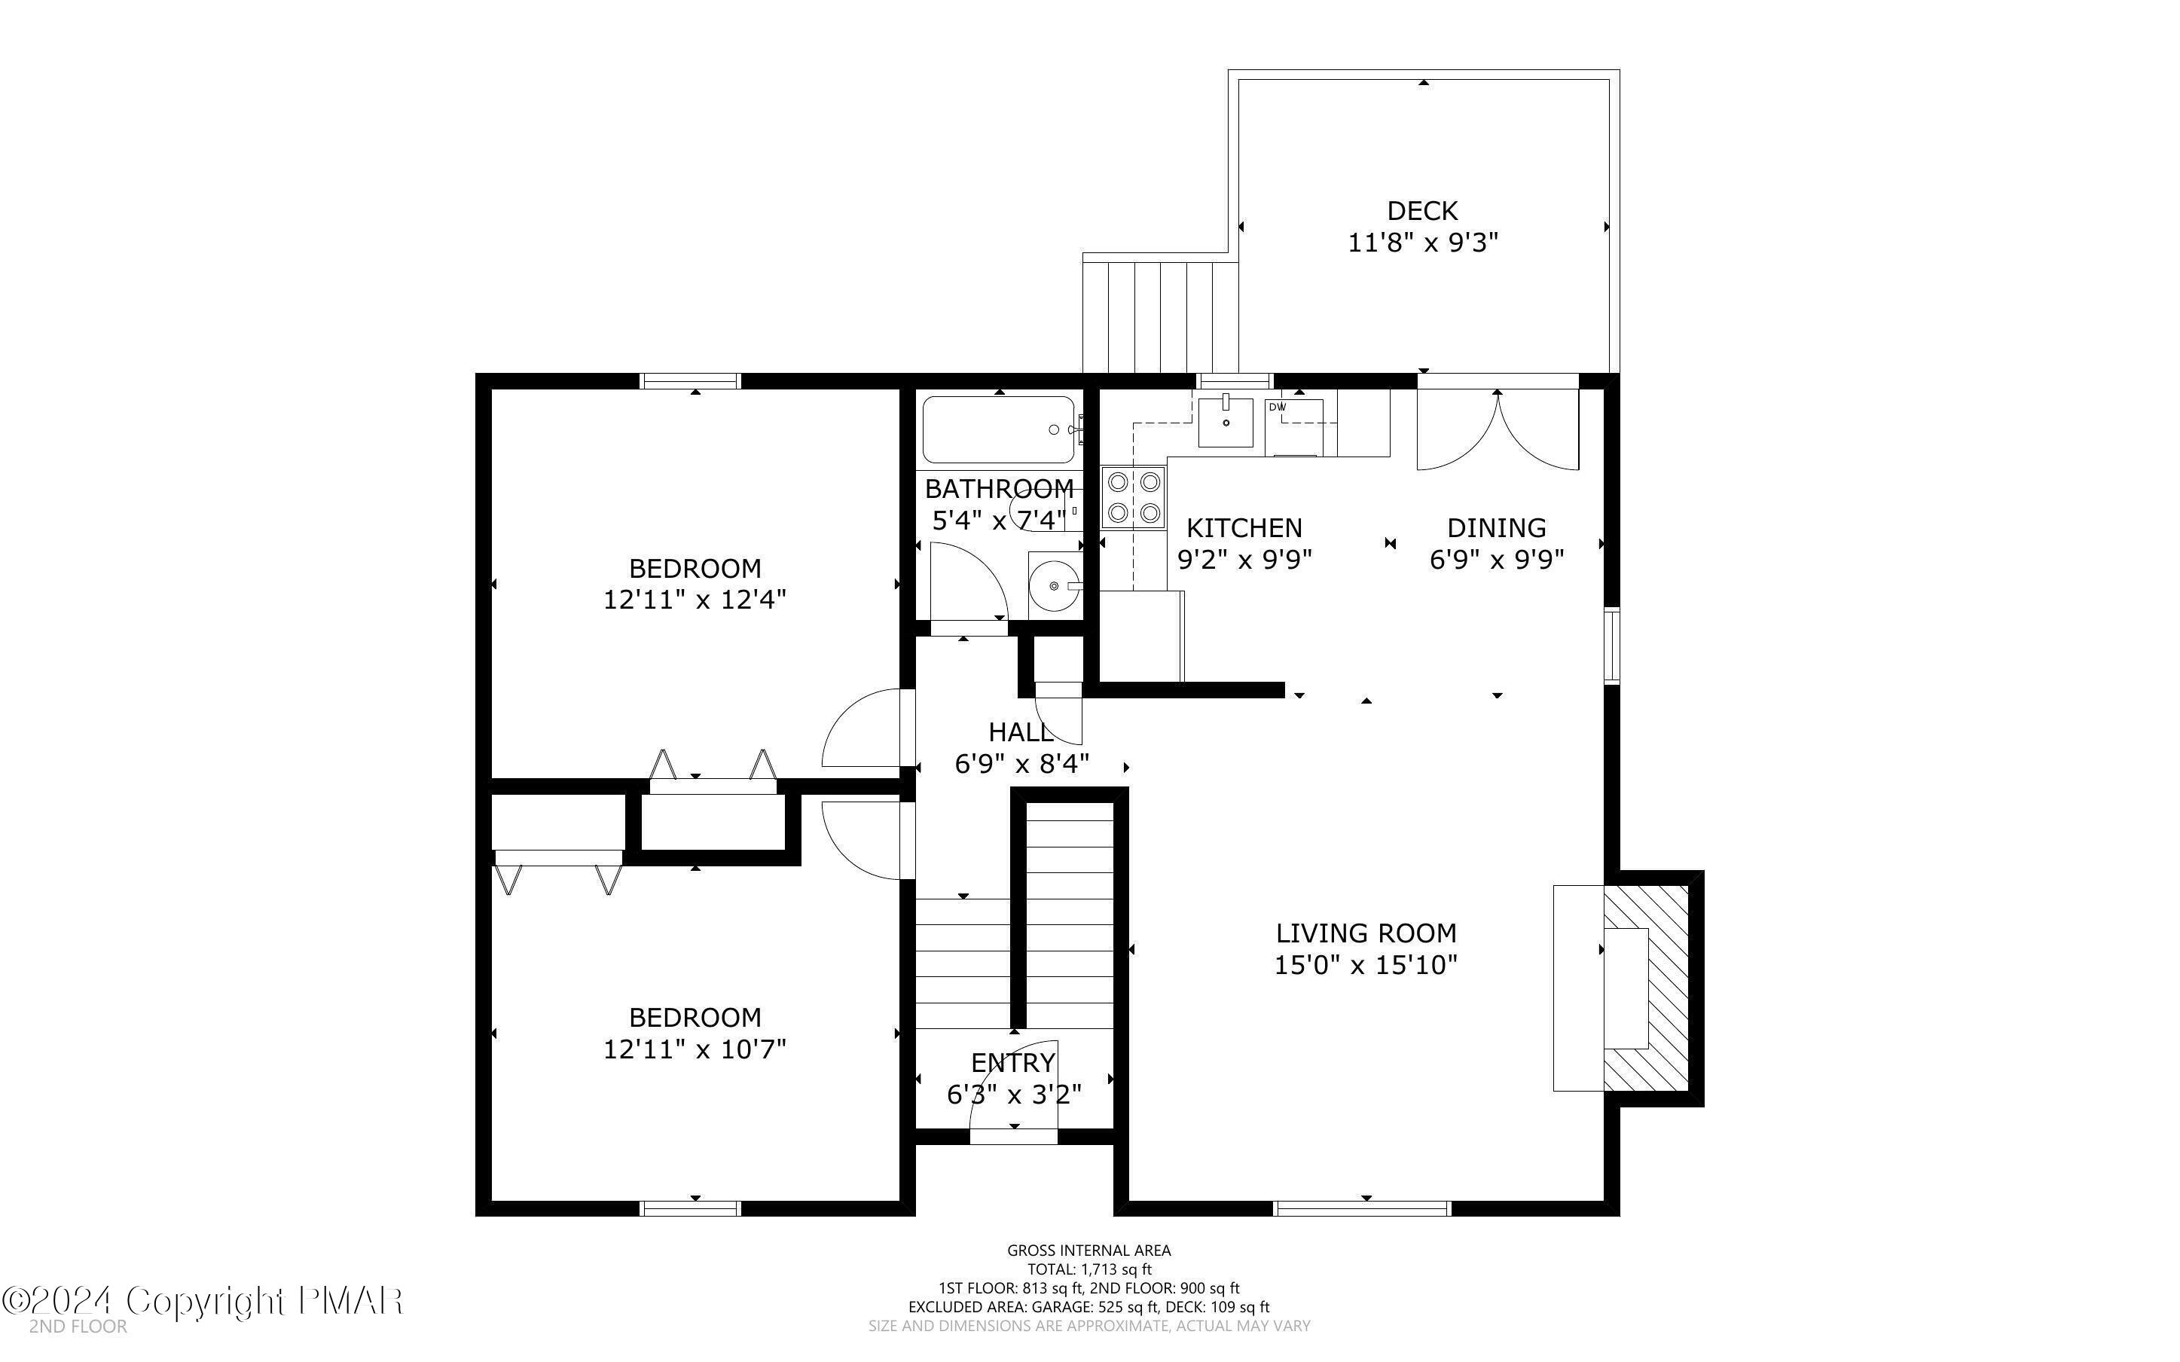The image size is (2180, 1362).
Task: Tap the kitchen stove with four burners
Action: tap(1133, 497)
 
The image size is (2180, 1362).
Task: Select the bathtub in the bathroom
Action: tap(999, 429)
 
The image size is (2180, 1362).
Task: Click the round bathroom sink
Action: tap(1055, 585)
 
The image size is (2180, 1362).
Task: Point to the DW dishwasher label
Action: tap(1277, 407)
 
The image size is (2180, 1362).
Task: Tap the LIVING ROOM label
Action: tap(1366, 933)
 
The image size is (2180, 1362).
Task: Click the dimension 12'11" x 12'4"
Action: tap(695, 600)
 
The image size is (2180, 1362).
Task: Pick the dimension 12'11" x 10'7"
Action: tap(695, 1049)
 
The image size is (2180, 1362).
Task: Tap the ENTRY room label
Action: tap(1013, 1063)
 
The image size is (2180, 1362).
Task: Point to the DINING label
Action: tap(1497, 528)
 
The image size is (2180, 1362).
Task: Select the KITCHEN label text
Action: tap(1244, 528)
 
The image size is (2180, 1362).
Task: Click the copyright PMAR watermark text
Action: tap(203, 1301)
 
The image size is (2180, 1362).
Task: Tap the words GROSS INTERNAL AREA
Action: tap(1088, 1251)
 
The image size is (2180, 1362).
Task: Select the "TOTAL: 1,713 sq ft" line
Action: tap(1089, 1269)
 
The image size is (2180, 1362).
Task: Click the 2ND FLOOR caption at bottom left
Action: tap(78, 1327)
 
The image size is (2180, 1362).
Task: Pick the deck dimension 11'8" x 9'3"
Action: tap(1423, 243)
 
